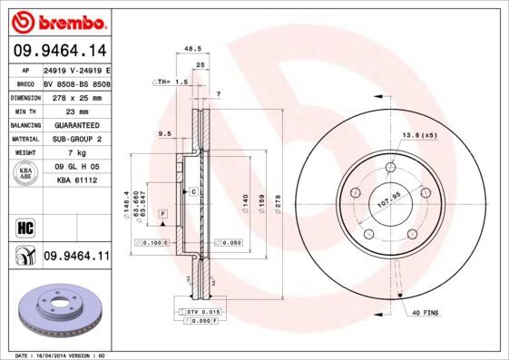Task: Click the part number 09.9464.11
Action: click(76, 258)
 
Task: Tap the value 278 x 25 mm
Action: click(76, 98)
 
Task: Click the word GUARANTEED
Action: click(76, 125)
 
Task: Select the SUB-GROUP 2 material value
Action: click(76, 139)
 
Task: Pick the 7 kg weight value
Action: click(76, 153)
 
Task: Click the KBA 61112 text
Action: click(76, 180)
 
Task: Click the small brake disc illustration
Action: click(56, 307)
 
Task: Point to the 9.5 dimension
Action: click(165, 134)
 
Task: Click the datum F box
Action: click(162, 212)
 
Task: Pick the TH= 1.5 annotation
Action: click(170, 82)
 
